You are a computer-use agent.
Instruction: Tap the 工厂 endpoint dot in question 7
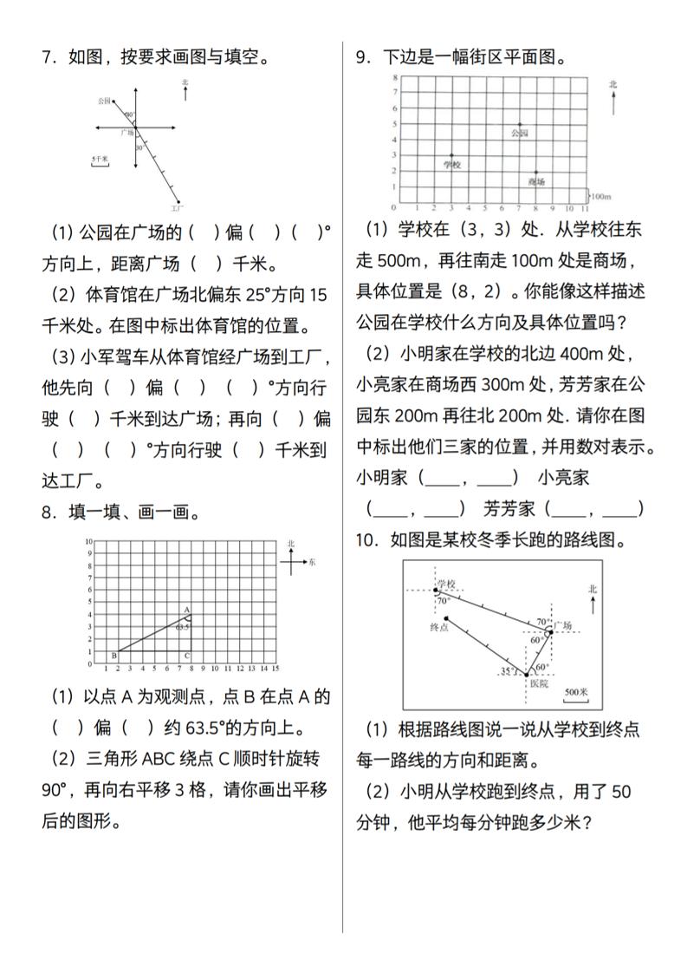click(179, 202)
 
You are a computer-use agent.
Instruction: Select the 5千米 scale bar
click(100, 162)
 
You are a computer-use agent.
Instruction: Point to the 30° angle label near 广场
click(139, 147)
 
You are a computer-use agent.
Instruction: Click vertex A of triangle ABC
click(187, 610)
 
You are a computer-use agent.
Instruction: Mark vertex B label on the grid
click(113, 656)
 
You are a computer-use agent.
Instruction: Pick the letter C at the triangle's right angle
click(187, 656)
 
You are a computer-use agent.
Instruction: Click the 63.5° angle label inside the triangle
click(182, 625)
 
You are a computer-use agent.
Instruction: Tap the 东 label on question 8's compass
click(312, 563)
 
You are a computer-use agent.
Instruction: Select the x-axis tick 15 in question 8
click(275, 669)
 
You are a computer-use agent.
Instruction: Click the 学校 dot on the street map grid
click(450, 155)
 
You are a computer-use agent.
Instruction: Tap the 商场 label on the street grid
click(536, 182)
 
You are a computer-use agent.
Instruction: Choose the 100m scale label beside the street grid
click(601, 197)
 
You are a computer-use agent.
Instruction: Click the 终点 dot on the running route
click(445, 618)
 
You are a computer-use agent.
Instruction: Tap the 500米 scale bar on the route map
click(576, 694)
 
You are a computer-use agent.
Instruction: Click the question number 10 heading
click(365, 540)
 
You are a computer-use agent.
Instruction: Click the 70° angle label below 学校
click(443, 600)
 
